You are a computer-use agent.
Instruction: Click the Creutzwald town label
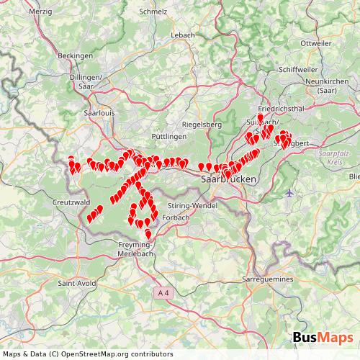(x=69, y=204)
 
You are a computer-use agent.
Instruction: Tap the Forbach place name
(x=157, y=216)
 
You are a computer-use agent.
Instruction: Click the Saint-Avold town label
(x=73, y=283)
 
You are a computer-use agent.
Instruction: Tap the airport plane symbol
(x=290, y=193)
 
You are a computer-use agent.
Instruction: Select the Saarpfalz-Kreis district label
(x=331, y=157)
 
